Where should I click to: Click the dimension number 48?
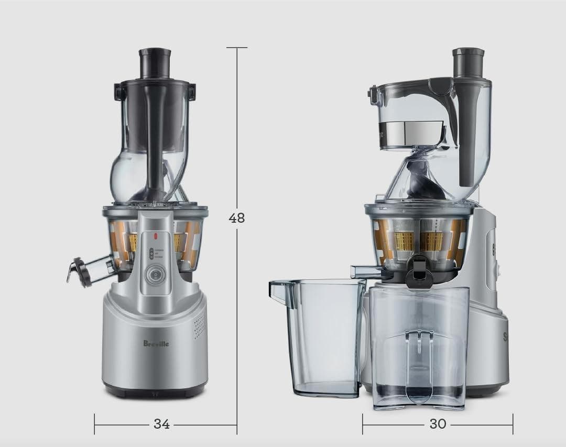[x=237, y=217]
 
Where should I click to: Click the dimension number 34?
[x=161, y=424]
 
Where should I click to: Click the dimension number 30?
[x=438, y=423]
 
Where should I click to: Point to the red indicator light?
[x=156, y=235]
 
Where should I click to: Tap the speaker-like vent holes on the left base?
[x=198, y=328]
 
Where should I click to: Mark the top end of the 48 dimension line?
[x=237, y=48]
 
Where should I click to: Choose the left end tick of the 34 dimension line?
[x=95, y=424]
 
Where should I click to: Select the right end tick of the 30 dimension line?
[x=513, y=423]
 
